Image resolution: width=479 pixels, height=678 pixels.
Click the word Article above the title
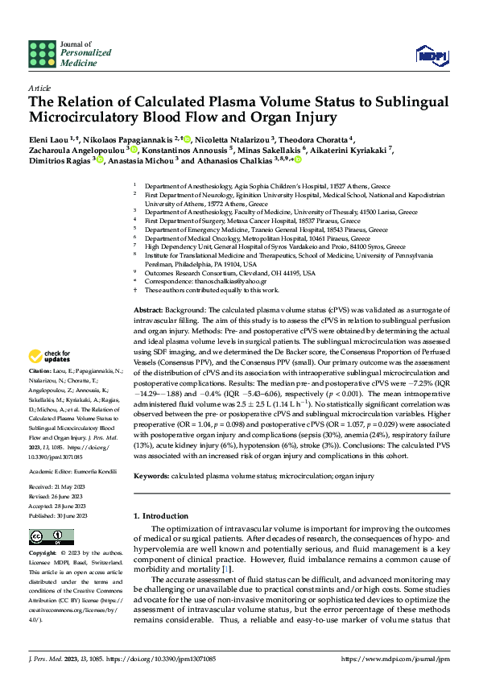click(39, 87)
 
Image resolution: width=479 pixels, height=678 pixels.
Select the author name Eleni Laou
click(49, 138)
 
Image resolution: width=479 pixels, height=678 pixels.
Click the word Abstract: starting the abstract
click(150, 310)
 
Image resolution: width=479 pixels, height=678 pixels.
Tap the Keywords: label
click(153, 476)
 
